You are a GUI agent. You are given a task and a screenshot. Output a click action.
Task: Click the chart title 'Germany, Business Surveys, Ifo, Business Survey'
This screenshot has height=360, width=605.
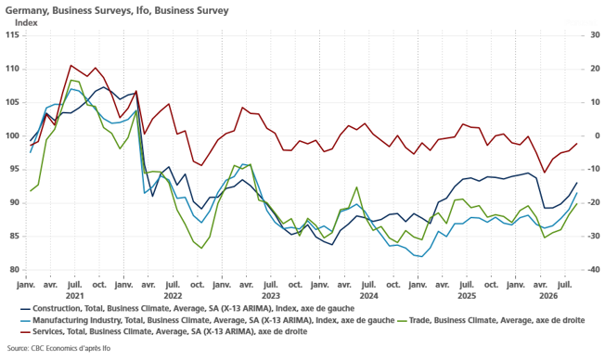tap(117, 10)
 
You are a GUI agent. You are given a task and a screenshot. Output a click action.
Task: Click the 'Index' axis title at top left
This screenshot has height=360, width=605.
tap(26, 23)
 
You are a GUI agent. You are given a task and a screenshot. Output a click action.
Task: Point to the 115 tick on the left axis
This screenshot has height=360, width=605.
tap(12, 35)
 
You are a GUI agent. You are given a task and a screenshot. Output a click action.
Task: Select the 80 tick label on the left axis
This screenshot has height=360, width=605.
tap(15, 270)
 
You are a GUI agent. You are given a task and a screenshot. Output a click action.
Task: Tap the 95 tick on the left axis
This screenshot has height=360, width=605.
tap(15, 170)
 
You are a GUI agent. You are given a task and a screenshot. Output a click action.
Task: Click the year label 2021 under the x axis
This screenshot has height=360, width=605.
tap(75, 296)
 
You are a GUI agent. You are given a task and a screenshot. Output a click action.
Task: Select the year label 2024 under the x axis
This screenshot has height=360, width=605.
tap(369, 296)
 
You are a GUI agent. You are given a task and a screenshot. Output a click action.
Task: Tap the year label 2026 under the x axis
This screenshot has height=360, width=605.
tap(548, 296)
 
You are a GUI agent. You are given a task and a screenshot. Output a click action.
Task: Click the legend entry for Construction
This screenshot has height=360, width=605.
tap(187, 309)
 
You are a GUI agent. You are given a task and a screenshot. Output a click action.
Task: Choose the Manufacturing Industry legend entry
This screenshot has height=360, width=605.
tap(208, 320)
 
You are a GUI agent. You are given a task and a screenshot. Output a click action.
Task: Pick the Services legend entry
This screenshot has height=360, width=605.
tap(164, 332)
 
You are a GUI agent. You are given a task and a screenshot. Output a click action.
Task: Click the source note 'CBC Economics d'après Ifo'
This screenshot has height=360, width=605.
tap(58, 349)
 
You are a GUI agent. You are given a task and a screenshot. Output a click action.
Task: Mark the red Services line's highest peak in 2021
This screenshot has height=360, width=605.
tap(71, 65)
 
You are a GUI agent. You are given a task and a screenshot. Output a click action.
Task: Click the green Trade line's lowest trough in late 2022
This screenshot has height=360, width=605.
tap(201, 248)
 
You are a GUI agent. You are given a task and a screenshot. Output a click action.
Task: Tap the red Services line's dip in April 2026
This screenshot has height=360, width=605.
tap(545, 173)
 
